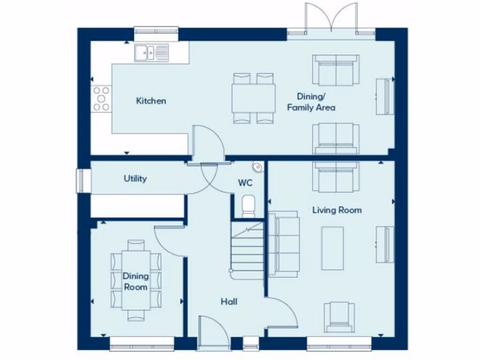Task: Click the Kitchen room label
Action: point(151,101)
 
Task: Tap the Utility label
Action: point(135,179)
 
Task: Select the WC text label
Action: point(245,183)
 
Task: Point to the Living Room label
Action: point(337,210)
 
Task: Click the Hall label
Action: point(229,301)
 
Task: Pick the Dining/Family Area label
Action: point(311,102)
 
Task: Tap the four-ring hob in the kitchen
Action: point(101,99)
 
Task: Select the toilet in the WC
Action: point(248,206)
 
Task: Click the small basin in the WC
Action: point(257,166)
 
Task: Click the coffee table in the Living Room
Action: point(332,248)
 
